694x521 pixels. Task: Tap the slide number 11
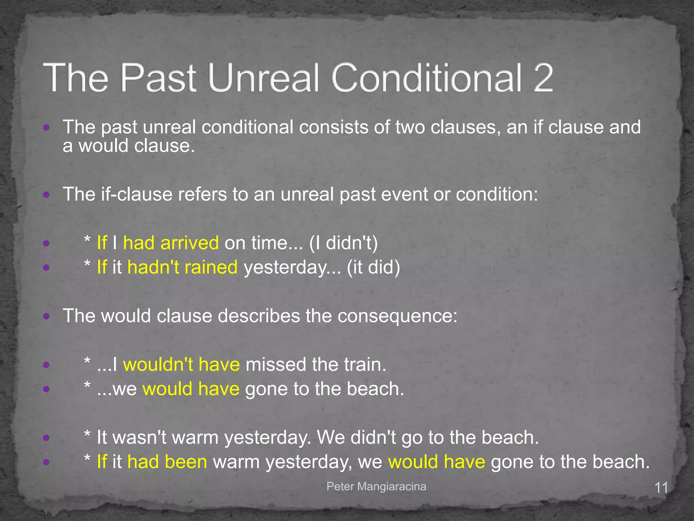coord(661,488)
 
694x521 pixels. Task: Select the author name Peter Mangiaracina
coord(376,486)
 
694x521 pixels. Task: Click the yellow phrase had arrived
coord(171,243)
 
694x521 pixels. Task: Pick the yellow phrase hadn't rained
coord(182,267)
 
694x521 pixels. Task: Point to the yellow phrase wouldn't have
coord(181,365)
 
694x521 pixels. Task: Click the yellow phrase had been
coord(167,462)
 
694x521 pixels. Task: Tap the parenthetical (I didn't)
coord(343,243)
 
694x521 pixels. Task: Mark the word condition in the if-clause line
coord(496,194)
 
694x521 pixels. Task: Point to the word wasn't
coord(139,438)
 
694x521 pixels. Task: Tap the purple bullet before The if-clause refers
coord(47,195)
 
